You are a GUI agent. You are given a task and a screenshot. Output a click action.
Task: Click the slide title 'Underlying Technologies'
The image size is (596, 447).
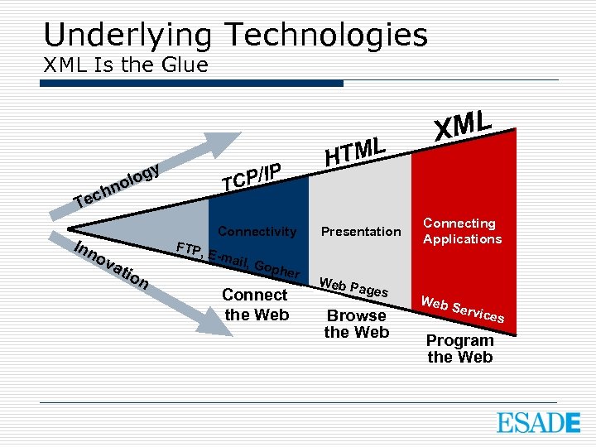(235, 35)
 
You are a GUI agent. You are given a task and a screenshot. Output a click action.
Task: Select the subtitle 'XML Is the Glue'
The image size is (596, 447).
(125, 65)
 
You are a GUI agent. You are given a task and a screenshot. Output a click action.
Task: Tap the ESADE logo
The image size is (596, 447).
(538, 422)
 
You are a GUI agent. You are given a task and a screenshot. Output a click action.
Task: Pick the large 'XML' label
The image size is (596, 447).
(464, 124)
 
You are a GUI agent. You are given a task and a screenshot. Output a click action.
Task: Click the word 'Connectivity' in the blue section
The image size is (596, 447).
(257, 232)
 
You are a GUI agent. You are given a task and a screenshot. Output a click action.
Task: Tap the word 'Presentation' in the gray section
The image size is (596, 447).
(361, 232)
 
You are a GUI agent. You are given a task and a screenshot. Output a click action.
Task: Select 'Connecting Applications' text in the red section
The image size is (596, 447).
(462, 231)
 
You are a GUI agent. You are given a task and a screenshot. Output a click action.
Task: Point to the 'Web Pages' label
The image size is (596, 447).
(353, 287)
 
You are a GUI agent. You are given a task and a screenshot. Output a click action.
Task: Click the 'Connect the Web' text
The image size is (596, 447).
(256, 304)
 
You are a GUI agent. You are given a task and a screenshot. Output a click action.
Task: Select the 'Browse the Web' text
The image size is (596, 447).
(356, 324)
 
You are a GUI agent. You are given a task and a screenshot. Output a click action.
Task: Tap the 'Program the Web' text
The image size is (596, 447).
(459, 348)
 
